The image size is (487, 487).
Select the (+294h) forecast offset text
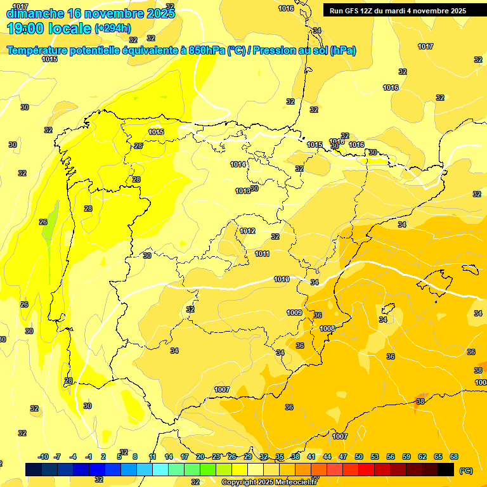(x=113, y=28)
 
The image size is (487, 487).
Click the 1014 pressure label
(x=238, y=164)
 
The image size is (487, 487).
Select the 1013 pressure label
(x=242, y=191)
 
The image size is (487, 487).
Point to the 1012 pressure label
(x=247, y=231)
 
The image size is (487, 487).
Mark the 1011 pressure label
(x=263, y=254)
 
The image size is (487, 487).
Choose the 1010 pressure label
(x=282, y=279)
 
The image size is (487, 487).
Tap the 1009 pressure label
(x=294, y=312)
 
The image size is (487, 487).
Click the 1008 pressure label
(x=327, y=328)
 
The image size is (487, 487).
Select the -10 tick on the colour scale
(x=43, y=457)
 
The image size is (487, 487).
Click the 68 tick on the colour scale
(x=454, y=457)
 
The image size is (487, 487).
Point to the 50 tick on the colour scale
(x=359, y=457)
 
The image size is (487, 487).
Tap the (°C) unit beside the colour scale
(x=466, y=471)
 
